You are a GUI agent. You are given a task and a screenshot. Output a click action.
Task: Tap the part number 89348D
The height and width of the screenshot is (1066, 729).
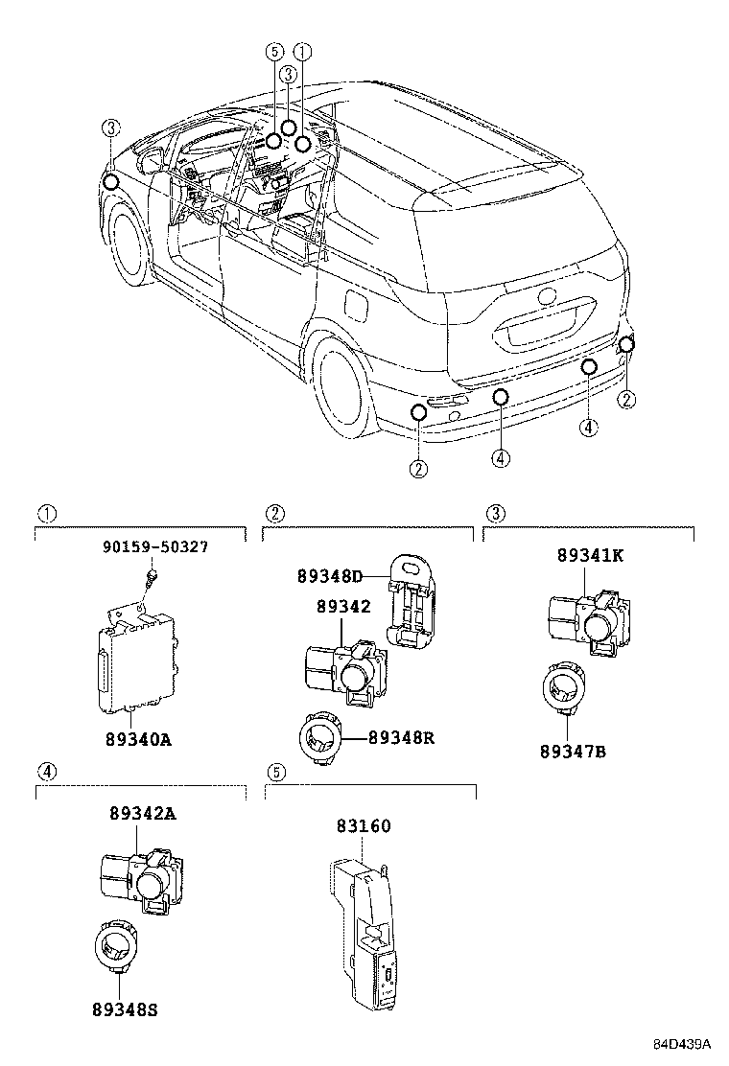pos(329,576)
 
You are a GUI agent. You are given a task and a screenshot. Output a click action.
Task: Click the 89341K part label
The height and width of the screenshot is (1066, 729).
pos(588,555)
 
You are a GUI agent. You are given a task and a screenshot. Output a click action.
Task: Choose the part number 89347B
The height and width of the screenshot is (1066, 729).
pos(572,751)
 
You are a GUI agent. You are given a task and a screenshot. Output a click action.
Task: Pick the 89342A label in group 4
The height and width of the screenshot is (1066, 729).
pos(142,814)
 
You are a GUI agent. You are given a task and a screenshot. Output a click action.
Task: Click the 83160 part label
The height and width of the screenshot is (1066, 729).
pos(363,825)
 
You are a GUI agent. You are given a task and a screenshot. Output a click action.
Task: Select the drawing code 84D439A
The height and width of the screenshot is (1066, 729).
pos(682,1043)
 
